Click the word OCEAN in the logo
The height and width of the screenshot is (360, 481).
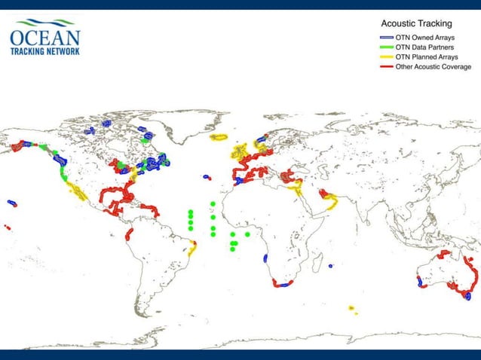coord(45,38)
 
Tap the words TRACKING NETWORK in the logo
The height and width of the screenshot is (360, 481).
coord(45,51)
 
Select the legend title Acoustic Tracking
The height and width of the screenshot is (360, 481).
coord(417,24)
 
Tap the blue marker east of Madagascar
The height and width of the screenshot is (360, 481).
coord(331,266)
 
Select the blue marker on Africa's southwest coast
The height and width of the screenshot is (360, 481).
coord(266,258)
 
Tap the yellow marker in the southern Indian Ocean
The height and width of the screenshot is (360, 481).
coord(351,307)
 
